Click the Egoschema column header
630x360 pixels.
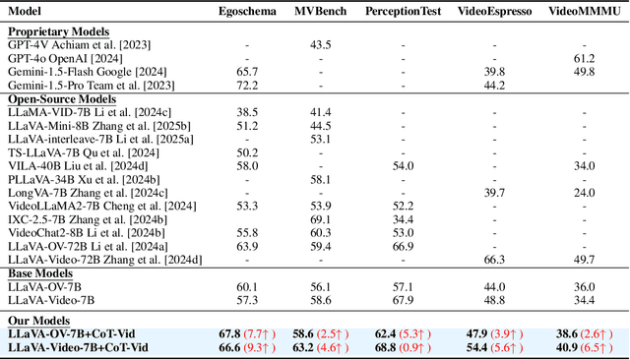click(246, 11)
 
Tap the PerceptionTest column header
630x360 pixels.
click(402, 11)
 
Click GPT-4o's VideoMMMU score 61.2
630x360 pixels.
click(580, 58)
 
